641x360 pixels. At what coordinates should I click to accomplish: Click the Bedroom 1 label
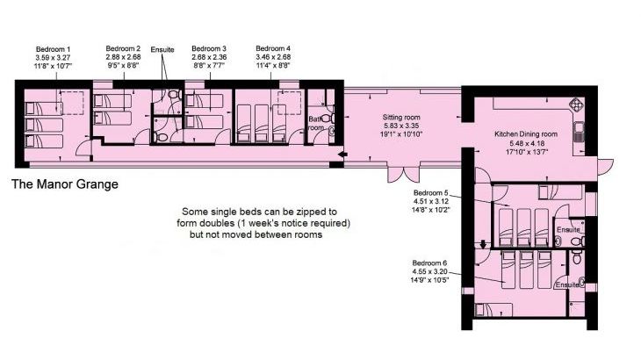54,49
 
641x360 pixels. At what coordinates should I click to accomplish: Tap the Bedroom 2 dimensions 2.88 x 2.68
123,57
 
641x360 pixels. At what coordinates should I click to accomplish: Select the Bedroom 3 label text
209,49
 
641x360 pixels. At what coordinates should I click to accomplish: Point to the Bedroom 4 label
273,49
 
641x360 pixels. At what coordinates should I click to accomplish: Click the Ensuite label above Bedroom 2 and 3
162,49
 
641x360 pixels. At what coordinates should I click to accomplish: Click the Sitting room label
401,118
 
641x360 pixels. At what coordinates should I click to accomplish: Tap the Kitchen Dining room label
526,134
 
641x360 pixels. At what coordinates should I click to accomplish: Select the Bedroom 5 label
431,193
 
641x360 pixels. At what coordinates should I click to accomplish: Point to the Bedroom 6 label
429,263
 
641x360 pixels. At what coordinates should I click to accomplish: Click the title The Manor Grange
65,184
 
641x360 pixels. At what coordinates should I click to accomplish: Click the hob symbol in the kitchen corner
575,104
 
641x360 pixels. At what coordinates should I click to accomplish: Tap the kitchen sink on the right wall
579,132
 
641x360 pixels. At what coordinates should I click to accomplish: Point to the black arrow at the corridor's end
342,155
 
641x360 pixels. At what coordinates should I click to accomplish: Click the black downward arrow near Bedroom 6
483,244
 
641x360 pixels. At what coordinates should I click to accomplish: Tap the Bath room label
316,124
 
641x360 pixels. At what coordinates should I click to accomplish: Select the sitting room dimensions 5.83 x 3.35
401,126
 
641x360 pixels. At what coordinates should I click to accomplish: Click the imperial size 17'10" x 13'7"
527,152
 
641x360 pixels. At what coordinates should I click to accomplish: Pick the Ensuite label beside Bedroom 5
568,230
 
